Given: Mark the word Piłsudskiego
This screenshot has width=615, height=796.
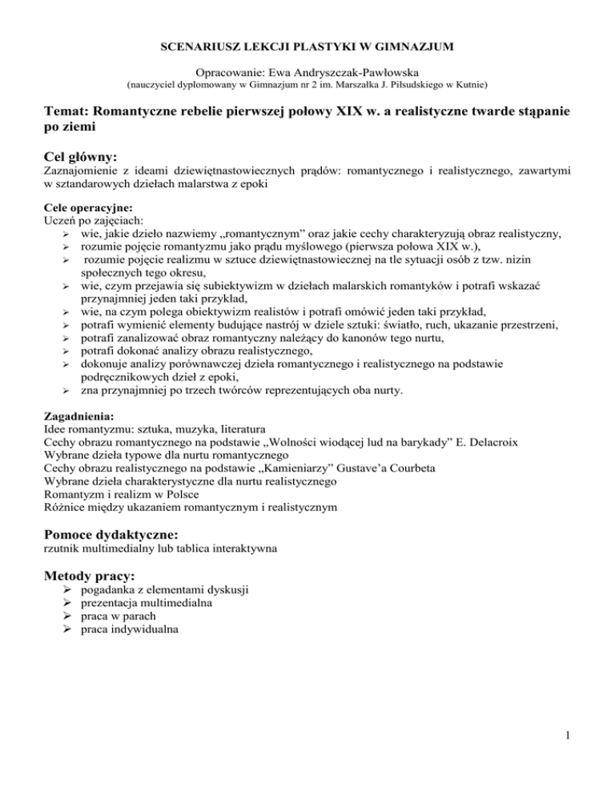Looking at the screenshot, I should pyautogui.click(x=404, y=83).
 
